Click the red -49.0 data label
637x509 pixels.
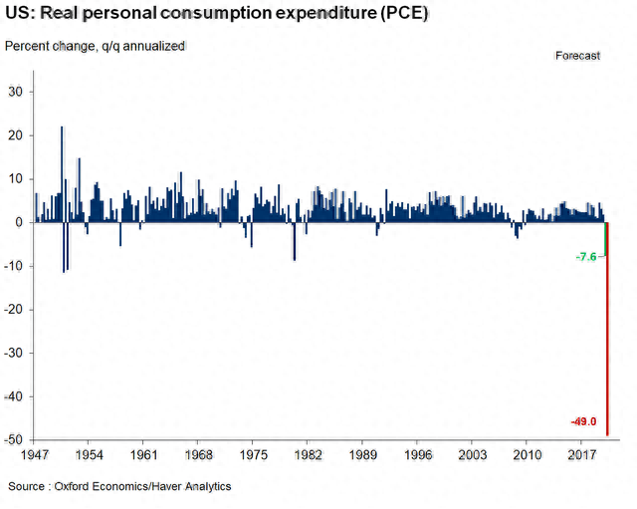pos(582,421)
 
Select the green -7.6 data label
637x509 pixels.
pos(586,257)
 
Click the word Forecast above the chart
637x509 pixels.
pos(577,56)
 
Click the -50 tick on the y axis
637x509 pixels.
pos(16,440)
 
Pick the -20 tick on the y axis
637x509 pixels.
pos(16,310)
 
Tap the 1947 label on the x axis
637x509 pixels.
pos(34,455)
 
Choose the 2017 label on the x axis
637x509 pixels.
pos(582,455)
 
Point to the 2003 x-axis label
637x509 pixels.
pos(473,455)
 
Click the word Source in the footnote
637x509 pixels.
pos(28,486)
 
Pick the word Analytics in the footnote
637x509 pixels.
pos(205,486)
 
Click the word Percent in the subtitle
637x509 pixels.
pos(28,47)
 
